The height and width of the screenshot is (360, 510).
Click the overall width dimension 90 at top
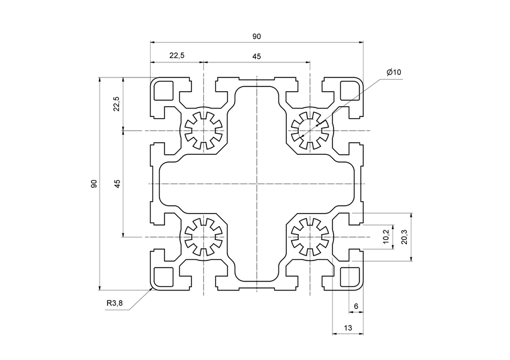(x=257, y=37)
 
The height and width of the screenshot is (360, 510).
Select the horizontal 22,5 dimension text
(x=177, y=55)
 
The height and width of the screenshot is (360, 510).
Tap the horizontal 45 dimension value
(x=257, y=56)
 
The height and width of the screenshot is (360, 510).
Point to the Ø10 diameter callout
(x=394, y=72)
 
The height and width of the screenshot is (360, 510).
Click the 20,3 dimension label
(x=404, y=237)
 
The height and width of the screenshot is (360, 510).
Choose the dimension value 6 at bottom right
(x=356, y=307)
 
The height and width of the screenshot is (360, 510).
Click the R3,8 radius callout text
(x=115, y=303)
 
